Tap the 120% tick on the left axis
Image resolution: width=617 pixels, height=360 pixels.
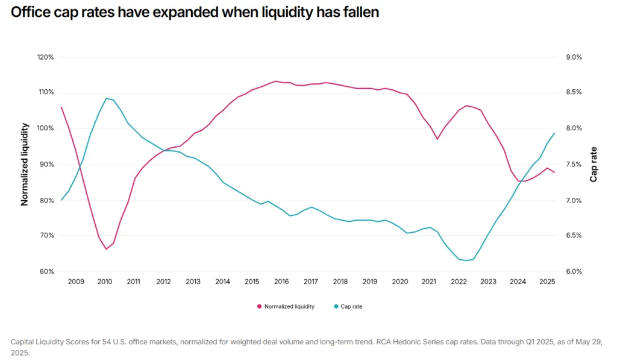46,57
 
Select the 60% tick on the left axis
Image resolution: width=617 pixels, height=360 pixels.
47,271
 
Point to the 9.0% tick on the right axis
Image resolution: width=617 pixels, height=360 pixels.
574,57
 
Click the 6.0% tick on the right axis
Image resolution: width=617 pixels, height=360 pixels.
574,271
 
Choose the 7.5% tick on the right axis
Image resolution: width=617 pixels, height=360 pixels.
574,165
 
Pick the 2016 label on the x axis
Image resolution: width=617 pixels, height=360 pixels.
281,282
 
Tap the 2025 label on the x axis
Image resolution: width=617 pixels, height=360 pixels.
547,282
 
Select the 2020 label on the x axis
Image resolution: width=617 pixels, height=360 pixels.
399,282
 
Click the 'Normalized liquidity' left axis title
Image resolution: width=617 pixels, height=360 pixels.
25,164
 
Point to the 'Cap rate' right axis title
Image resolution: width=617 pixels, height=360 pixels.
594,164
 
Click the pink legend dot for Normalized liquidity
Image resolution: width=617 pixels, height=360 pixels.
260,306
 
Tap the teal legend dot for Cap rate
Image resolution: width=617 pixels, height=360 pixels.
336,306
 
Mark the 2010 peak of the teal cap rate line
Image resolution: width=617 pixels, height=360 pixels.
106,98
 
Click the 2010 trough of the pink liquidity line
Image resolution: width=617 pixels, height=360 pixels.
106,249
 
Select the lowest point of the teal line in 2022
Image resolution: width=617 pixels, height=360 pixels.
466,261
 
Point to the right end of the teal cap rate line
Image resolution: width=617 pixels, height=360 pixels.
554,133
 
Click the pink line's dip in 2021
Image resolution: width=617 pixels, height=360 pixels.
437,139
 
